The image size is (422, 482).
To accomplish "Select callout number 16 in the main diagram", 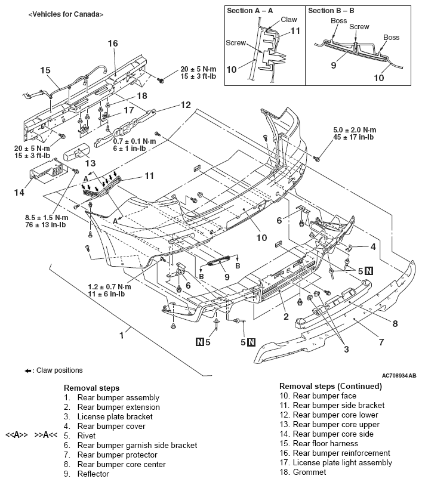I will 113,43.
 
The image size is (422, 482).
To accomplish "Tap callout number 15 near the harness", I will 45,70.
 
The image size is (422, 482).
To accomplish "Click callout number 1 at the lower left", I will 122,335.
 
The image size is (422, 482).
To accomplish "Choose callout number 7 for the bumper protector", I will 380,342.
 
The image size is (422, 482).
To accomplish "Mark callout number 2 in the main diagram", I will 286,316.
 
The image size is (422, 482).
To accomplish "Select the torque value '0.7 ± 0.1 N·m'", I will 135,141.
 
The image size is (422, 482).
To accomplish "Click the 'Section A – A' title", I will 248,11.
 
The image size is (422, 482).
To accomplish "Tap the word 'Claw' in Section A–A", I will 289,20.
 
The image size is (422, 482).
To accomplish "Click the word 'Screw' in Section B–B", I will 359,27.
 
